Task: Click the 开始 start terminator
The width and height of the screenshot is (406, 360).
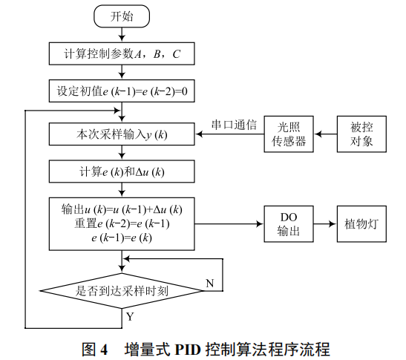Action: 121,16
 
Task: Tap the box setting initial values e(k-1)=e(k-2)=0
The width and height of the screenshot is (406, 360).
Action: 121,92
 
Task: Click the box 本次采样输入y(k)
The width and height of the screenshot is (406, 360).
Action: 121,134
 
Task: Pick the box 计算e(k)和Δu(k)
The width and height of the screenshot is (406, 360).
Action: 121,172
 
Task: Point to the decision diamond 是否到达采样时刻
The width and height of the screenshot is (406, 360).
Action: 121,291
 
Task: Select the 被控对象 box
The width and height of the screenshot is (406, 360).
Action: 361,134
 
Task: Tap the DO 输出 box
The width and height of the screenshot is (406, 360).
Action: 288,224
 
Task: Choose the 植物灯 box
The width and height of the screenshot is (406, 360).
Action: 361,224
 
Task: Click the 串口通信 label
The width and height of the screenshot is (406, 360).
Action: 234,125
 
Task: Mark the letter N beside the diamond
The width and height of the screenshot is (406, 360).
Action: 209,283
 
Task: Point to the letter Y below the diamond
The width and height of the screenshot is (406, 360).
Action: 130,316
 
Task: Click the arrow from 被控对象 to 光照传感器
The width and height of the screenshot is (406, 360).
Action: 324,134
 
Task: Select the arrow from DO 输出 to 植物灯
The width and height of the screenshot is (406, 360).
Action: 324,224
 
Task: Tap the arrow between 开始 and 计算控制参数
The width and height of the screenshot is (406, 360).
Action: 121,34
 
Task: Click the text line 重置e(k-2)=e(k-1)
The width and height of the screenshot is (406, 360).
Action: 121,223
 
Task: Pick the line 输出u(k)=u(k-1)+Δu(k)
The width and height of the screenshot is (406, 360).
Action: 121,209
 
